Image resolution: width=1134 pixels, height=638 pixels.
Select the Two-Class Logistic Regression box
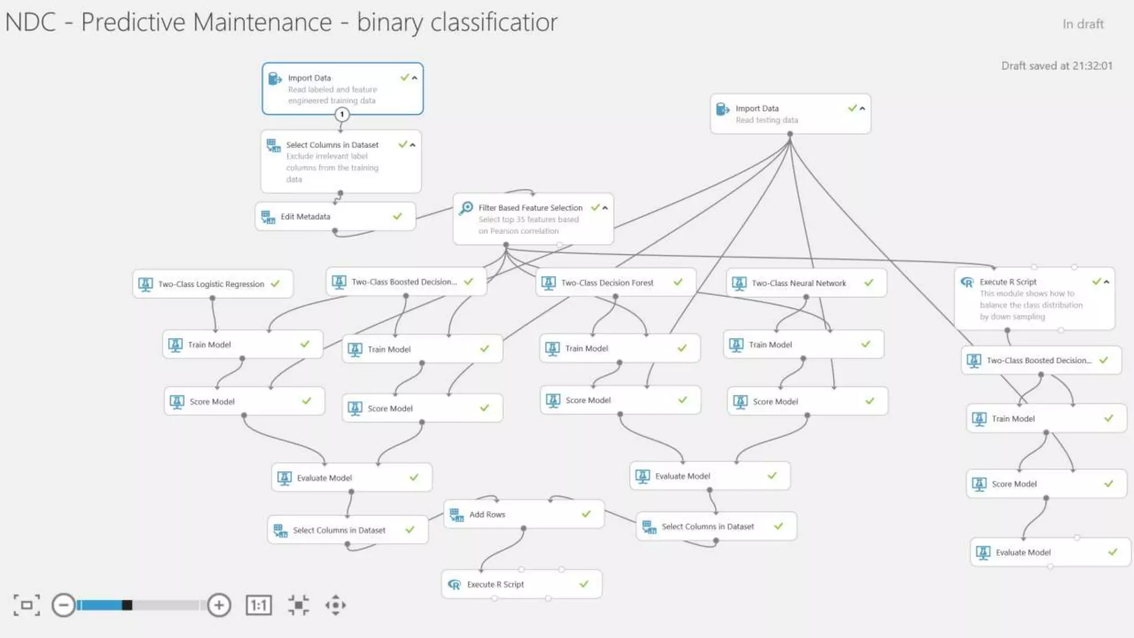211,284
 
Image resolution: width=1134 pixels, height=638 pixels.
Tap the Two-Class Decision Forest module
607,283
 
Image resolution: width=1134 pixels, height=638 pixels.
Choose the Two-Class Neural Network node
798,284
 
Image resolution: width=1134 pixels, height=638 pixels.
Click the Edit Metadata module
305,217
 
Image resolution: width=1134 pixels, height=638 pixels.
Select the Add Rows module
487,514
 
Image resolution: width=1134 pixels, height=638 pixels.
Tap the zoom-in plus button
219,605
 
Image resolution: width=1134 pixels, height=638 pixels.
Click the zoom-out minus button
64,605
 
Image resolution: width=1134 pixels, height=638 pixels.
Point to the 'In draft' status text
1083,24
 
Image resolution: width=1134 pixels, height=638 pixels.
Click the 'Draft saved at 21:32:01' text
1056,66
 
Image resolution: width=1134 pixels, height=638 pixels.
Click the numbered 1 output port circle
342,115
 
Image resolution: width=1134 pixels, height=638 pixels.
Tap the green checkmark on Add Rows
586,514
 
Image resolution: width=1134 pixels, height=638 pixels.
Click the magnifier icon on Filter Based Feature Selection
467,208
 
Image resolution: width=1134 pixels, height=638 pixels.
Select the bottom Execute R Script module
495,585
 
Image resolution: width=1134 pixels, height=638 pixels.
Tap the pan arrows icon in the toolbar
336,605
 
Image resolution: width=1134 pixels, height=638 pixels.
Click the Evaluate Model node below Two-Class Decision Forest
682,476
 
